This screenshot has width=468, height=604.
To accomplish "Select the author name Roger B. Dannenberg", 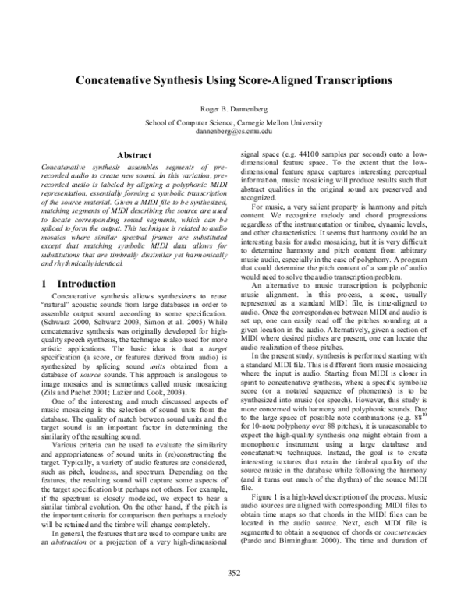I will [x=234, y=109].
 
